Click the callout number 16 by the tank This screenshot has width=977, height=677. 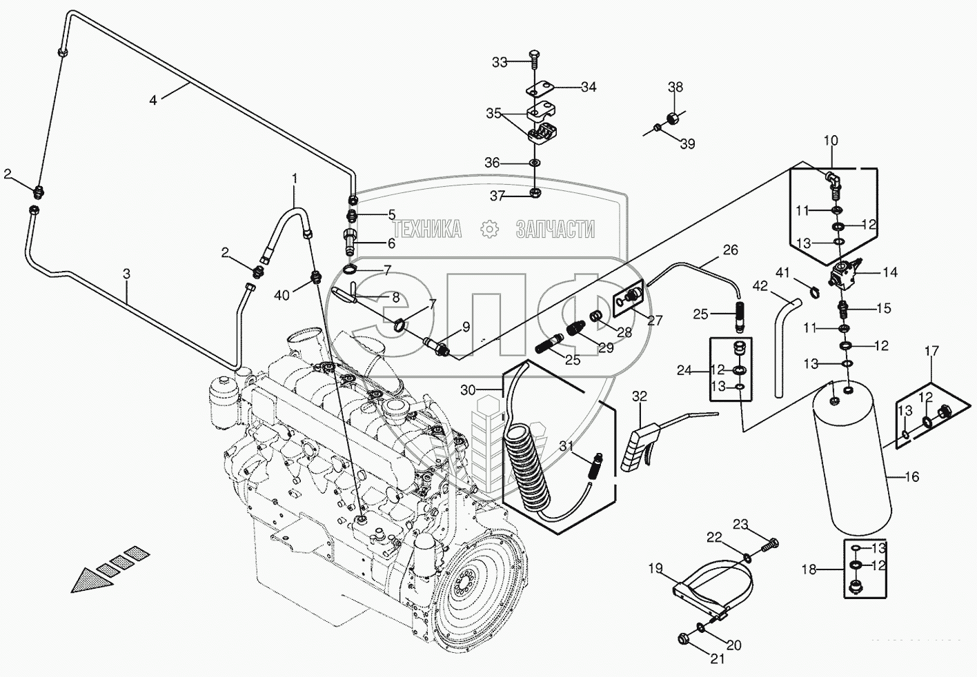pos(912,476)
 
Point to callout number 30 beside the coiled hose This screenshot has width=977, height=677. pos(468,390)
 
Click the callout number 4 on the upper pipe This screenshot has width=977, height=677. pos(153,99)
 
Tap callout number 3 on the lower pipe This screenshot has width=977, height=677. pos(126,274)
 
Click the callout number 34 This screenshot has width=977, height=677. pos(588,87)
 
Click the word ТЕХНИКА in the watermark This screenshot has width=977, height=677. pos(427,230)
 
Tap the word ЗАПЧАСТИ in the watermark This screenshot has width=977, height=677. pos(555,230)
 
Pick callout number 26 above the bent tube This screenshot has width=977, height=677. pos(730,249)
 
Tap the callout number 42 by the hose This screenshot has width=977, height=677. pos(760,285)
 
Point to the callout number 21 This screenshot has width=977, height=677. pos(718,658)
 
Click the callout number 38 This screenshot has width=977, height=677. pos(675,87)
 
